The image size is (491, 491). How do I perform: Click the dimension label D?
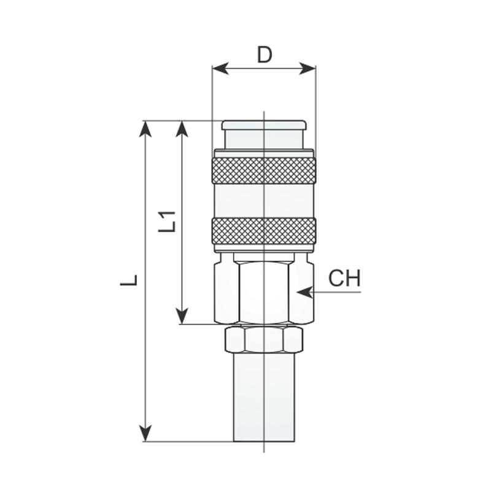coord(264,55)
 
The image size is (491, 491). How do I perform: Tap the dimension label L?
coord(129,280)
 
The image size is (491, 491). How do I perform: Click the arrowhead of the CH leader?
coord(302,293)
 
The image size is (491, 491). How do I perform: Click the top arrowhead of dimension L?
coord(145,128)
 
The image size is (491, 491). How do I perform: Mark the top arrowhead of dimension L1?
coord(182,128)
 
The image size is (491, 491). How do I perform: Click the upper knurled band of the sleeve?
coord(264,170)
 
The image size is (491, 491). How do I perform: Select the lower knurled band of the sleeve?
coord(264,231)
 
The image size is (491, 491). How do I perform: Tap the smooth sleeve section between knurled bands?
coord(264,201)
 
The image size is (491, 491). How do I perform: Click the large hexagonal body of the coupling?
coord(264,290)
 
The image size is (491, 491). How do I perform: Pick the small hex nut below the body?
coord(264,339)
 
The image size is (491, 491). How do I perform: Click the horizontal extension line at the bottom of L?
coord(190,441)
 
